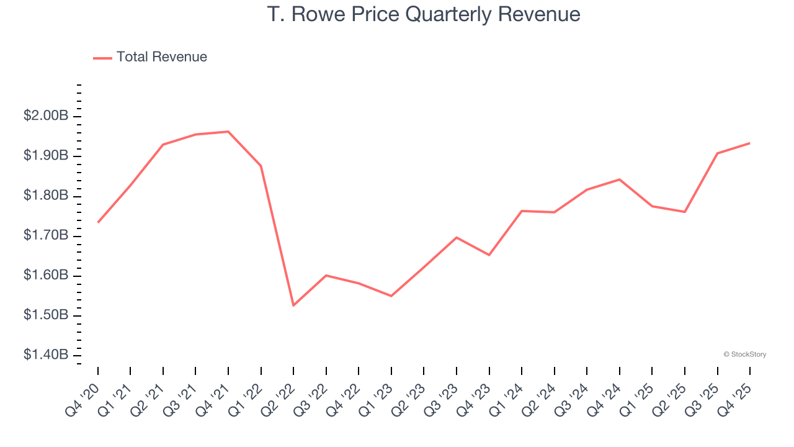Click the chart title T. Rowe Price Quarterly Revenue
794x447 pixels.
click(424, 14)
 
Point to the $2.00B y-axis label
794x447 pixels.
click(46, 116)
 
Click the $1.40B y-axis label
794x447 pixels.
click(46, 355)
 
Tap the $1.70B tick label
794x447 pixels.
click(46, 236)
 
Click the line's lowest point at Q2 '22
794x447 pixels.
click(293, 305)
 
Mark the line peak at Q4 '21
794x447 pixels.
click(228, 132)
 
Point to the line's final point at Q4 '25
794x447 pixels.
click(750, 143)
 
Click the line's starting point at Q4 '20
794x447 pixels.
click(98, 222)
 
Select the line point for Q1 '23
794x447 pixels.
click(391, 296)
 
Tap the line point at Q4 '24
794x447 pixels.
click(620, 179)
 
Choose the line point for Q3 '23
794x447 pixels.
click(457, 237)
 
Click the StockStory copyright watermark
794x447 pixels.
click(744, 354)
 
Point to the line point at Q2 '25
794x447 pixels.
click(685, 212)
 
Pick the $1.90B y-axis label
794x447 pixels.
click(46, 156)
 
